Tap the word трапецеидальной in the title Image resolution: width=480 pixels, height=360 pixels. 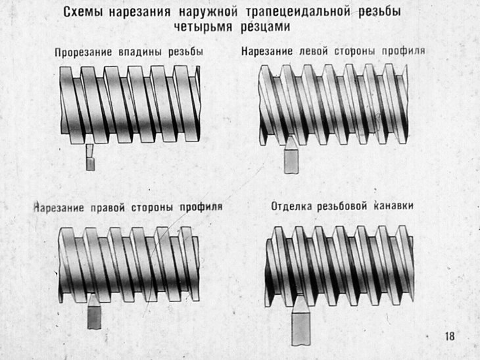(x=298, y=12)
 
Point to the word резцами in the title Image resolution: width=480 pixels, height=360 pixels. (x=265, y=27)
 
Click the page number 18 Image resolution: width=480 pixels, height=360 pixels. (x=450, y=336)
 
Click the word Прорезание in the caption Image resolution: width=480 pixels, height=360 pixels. (x=84, y=52)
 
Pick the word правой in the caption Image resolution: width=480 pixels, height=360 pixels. (x=107, y=207)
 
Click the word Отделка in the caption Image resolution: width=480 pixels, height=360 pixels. (x=291, y=206)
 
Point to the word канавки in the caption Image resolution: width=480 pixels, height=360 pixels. (x=393, y=205)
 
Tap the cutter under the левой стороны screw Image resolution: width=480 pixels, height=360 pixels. (x=291, y=155)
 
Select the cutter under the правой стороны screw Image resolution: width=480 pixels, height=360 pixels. (x=94, y=311)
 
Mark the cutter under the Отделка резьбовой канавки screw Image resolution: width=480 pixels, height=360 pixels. (x=300, y=322)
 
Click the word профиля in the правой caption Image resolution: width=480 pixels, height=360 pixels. (x=201, y=207)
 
